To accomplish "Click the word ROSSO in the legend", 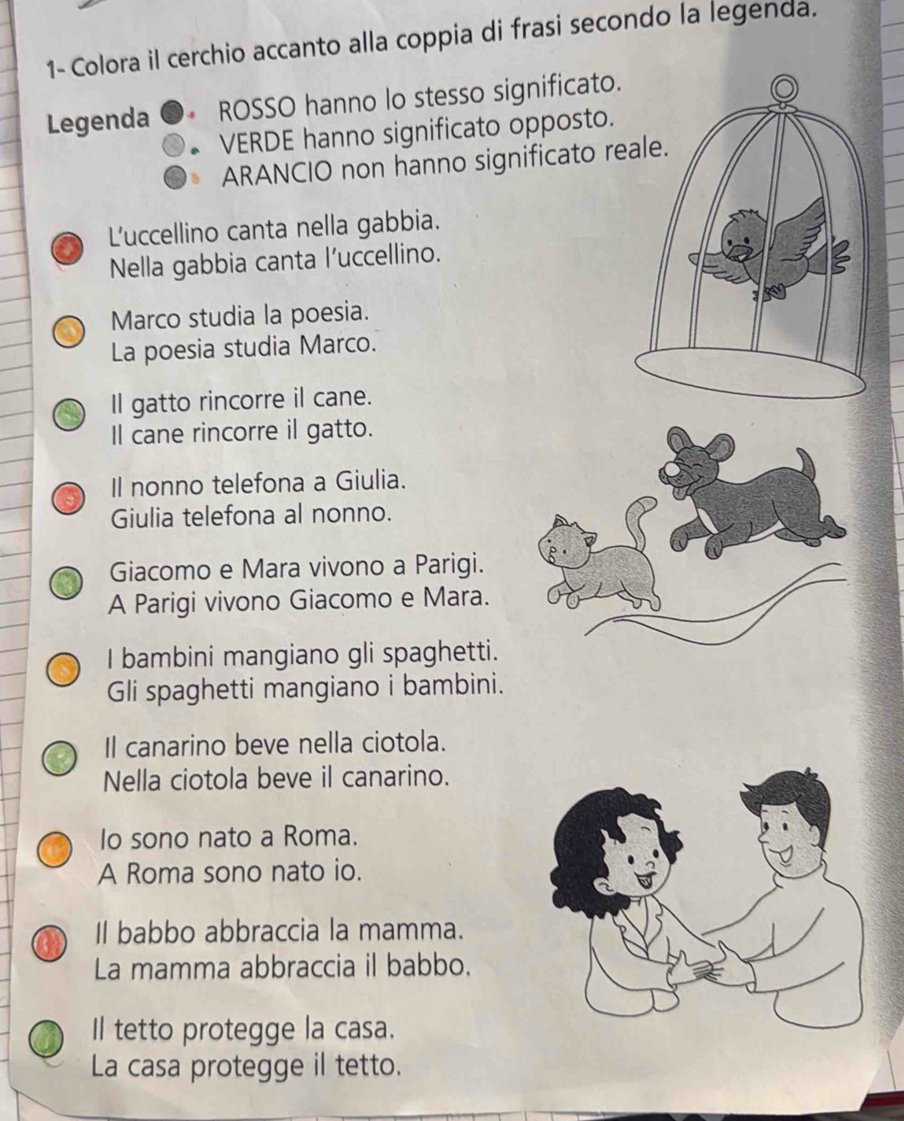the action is coord(259,110).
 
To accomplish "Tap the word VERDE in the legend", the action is coord(258,140).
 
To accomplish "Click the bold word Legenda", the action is coord(98,121).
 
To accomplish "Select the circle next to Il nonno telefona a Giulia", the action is coord(67,498).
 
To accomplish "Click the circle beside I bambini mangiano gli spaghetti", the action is coord(63,670).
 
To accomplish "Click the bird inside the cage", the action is coord(770,248).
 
